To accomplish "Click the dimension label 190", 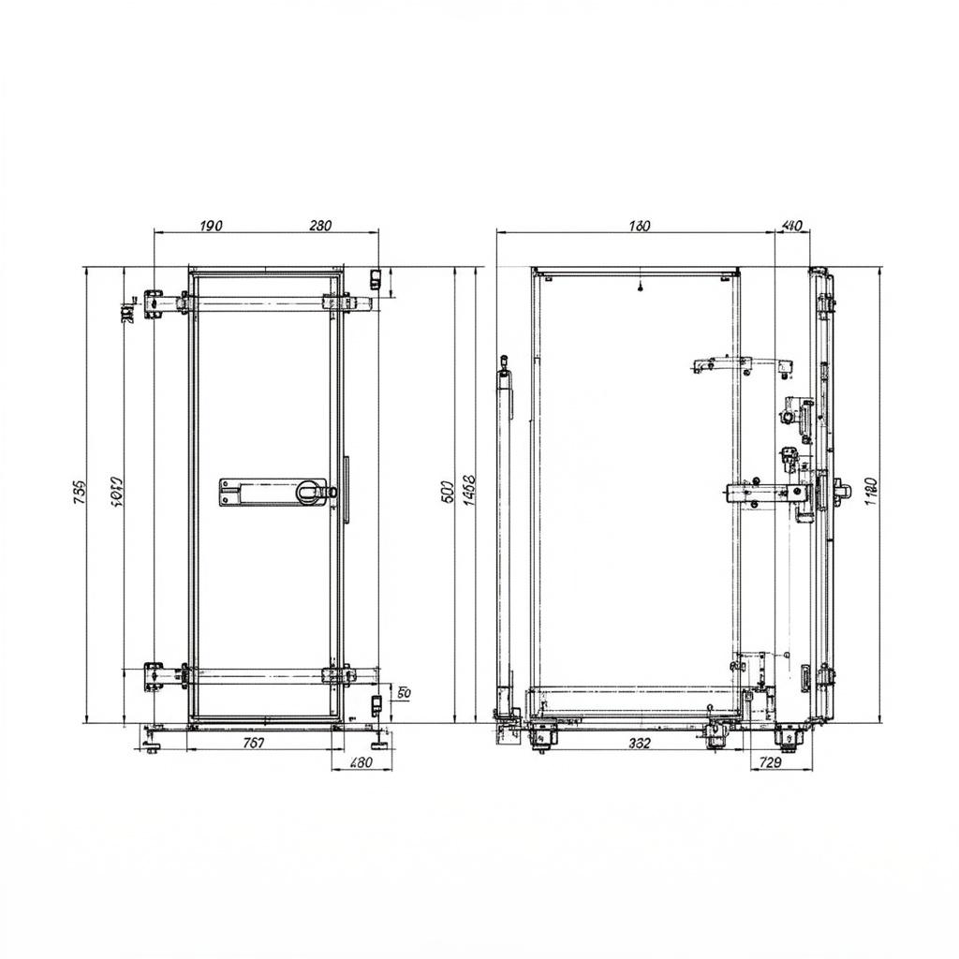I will point(212,225).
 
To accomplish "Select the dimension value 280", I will point(320,225).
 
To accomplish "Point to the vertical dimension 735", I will point(79,493).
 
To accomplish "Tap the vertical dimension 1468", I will point(469,490).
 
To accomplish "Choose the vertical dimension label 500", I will point(447,490).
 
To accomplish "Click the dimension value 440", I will point(791,225).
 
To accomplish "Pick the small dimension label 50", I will point(404,693).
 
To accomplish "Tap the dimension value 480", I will point(361,762).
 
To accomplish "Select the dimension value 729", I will point(769,762).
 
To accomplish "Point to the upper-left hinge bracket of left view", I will point(154,302).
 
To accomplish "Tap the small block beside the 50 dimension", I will point(375,702).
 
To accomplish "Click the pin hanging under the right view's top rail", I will point(640,287).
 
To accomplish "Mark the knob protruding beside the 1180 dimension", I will point(840,488).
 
